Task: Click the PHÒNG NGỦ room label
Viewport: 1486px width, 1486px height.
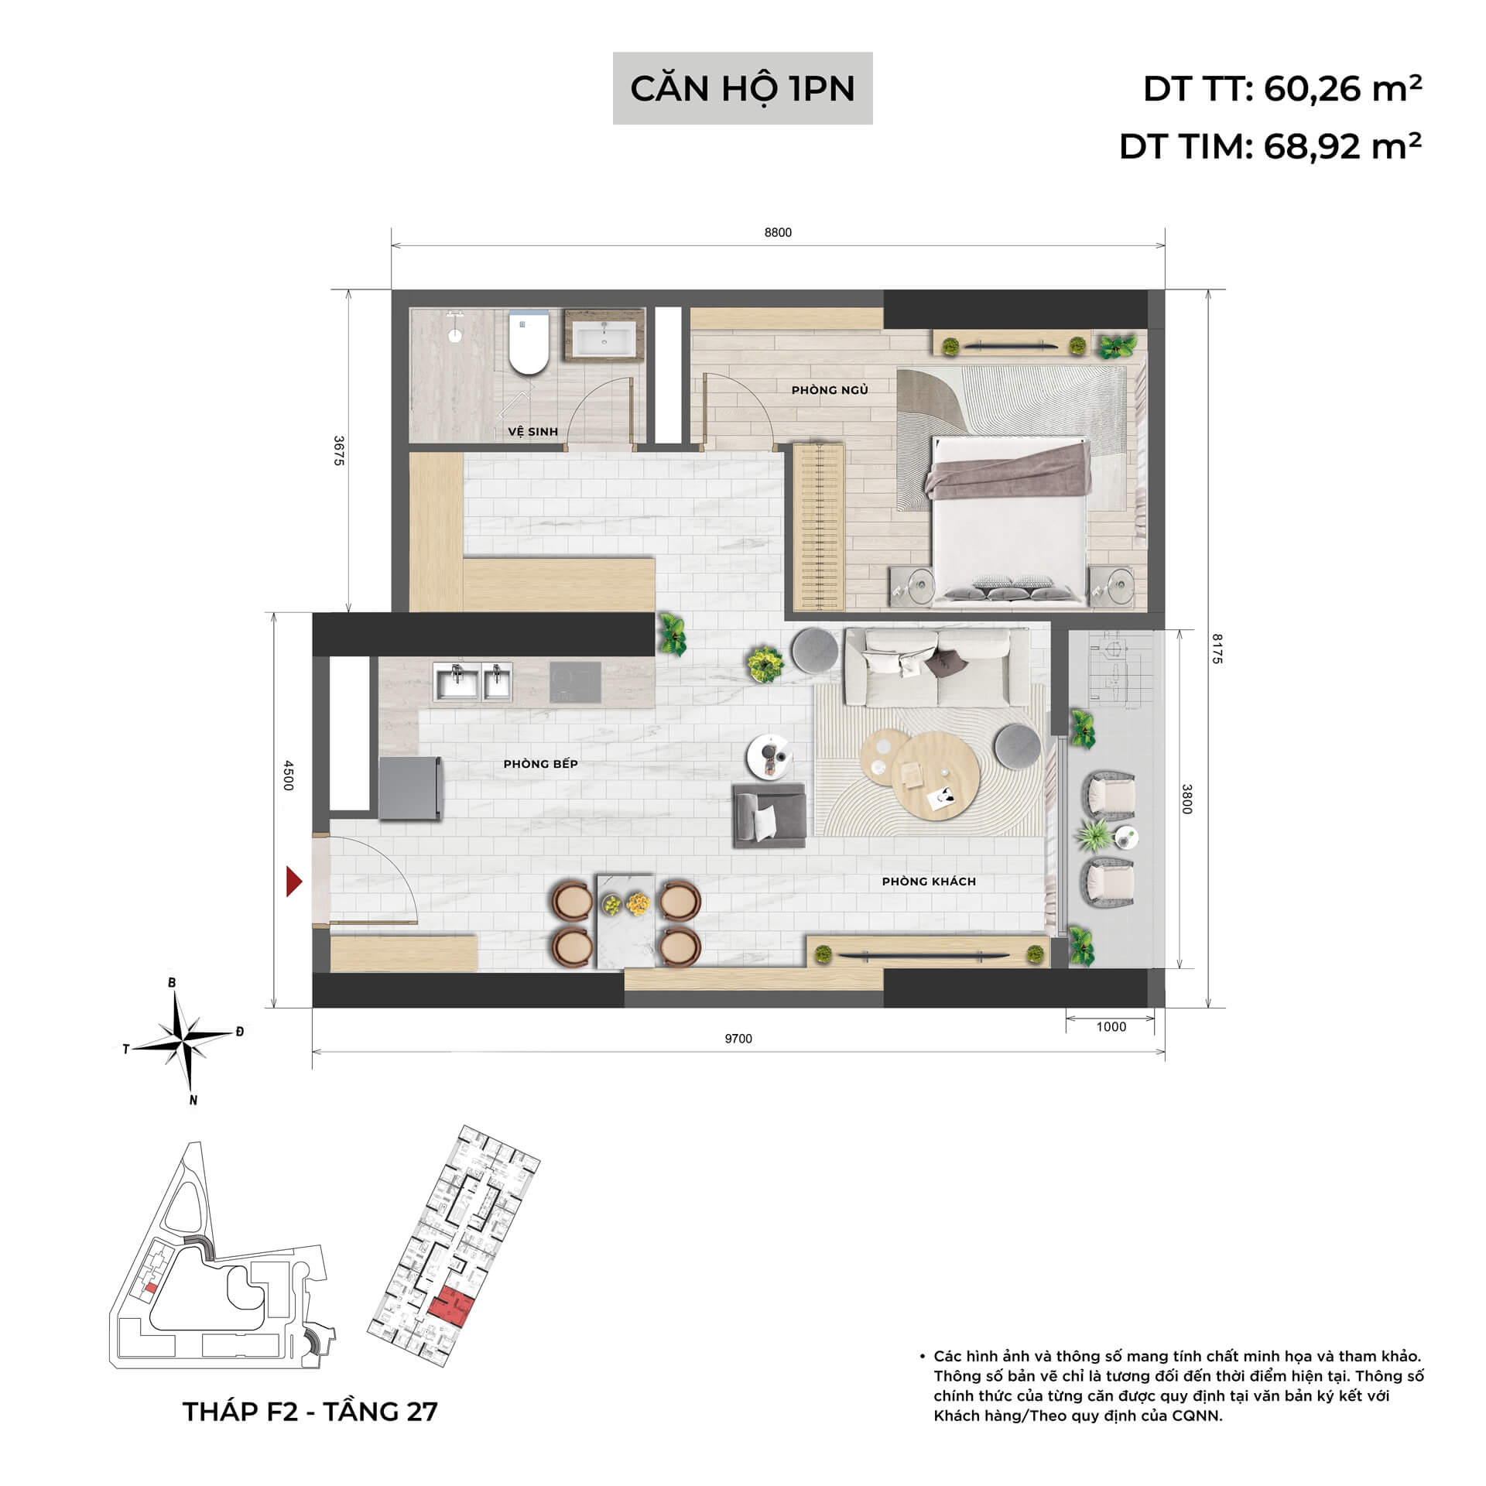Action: pyautogui.click(x=829, y=390)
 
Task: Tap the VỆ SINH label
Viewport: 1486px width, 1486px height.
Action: pyautogui.click(x=532, y=432)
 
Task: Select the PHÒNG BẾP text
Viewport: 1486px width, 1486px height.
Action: pyautogui.click(x=540, y=764)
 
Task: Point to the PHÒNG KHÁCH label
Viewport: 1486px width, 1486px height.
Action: pyautogui.click(x=928, y=882)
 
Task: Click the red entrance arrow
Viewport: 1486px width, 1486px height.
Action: pyautogui.click(x=293, y=882)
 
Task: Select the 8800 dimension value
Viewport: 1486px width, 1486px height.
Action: pyautogui.click(x=778, y=233)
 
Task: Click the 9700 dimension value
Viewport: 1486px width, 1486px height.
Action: pyautogui.click(x=738, y=1039)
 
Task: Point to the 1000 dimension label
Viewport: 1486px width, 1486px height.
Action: pyautogui.click(x=1111, y=1027)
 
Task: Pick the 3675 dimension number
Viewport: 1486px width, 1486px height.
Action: pyautogui.click(x=338, y=450)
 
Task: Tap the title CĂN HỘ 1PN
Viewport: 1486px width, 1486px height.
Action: pyautogui.click(x=742, y=88)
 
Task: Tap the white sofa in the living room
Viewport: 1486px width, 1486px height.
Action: pyautogui.click(x=936, y=667)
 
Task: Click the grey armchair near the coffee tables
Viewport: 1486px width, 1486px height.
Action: pyautogui.click(x=769, y=815)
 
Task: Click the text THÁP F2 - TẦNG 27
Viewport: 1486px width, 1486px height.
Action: pyautogui.click(x=310, y=1411)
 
